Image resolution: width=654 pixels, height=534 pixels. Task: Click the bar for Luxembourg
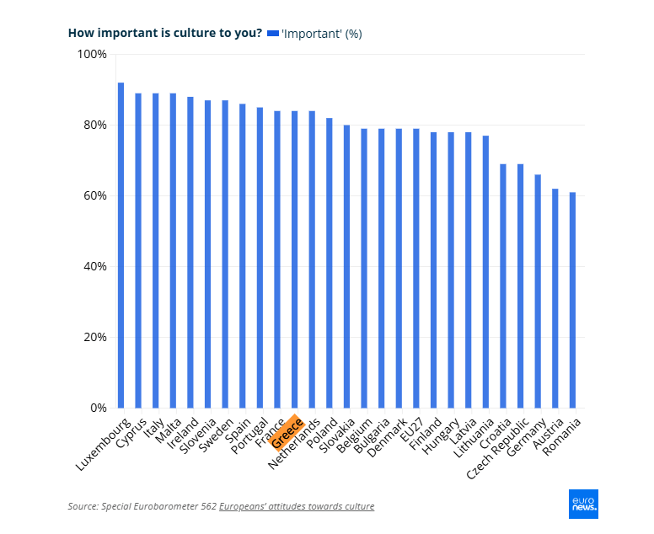(x=121, y=245)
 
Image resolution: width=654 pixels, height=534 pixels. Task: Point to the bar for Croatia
(x=503, y=286)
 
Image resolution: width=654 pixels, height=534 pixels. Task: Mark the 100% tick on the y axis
(x=92, y=55)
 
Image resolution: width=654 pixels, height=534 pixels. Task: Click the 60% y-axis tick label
(x=94, y=196)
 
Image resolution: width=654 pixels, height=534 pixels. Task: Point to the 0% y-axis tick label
(x=98, y=409)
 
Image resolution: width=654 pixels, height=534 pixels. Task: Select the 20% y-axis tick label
(x=94, y=338)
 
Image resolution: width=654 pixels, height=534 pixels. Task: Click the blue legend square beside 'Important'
(x=272, y=34)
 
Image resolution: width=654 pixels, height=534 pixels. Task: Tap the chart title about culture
(x=163, y=34)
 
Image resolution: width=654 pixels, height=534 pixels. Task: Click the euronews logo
(x=583, y=504)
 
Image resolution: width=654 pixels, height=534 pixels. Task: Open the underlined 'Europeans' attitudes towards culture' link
(x=297, y=506)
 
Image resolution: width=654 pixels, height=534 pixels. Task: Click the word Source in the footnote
(x=82, y=506)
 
